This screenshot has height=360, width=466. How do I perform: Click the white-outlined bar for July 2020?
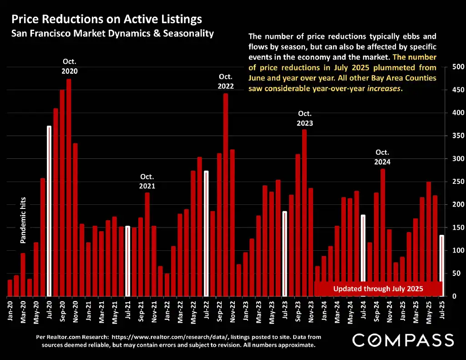(49, 211)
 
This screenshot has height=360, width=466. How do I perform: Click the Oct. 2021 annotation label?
(147, 181)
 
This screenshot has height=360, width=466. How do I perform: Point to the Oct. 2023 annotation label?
(305, 118)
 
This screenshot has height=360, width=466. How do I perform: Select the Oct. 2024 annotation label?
(383, 157)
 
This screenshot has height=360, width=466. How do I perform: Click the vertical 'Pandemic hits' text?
(23, 220)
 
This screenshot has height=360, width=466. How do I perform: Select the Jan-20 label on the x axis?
(10, 312)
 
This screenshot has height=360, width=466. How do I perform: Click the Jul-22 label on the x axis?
(206, 312)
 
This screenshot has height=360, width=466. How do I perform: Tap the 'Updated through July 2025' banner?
(378, 289)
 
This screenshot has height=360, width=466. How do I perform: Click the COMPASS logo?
(403, 340)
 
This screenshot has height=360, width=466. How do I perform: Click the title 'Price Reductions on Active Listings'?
(106, 19)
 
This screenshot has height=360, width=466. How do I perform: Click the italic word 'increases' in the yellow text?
(384, 89)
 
